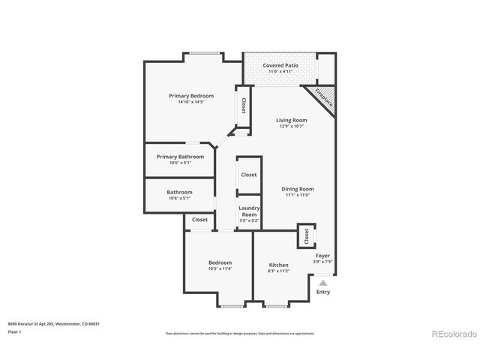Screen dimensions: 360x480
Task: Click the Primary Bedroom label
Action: tap(190, 96)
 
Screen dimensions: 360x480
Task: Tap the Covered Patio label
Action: tap(280, 66)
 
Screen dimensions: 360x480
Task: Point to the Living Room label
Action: tap(291, 120)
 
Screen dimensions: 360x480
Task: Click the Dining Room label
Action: tap(297, 189)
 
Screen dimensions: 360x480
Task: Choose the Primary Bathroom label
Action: tap(180, 157)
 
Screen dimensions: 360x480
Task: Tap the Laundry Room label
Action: tap(249, 211)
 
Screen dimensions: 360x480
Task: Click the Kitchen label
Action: tap(278, 265)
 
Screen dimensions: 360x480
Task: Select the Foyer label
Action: tap(322, 256)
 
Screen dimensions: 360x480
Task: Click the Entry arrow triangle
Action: tap(323, 283)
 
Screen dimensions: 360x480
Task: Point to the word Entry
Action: tap(322, 292)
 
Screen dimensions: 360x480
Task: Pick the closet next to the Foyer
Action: tap(306, 236)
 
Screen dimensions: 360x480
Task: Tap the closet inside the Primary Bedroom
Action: tap(243, 107)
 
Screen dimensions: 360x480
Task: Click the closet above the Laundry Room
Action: tap(248, 175)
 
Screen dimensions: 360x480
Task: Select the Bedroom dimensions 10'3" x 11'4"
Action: tap(220, 268)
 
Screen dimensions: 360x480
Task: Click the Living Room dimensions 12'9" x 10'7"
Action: tap(291, 126)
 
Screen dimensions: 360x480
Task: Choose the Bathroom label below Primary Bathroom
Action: tap(179, 192)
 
